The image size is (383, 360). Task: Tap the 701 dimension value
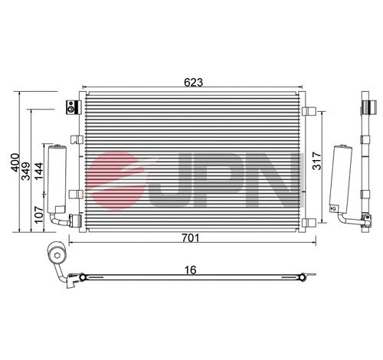coord(191,237)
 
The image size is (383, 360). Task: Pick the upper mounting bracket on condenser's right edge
coord(310,111)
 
